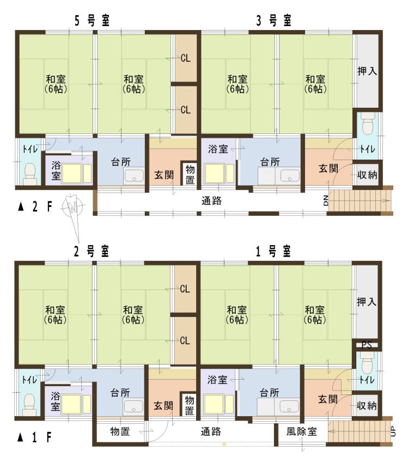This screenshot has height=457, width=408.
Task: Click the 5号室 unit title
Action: pos(92,21)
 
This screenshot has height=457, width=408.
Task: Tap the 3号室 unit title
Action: pos(273,21)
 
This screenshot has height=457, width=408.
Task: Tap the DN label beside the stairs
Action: pos(326,201)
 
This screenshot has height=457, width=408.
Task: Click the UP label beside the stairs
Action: pos(393,431)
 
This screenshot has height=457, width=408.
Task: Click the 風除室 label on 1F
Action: pos(301,431)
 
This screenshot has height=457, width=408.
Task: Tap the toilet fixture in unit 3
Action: pos(368,123)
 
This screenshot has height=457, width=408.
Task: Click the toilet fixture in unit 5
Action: pos(30,174)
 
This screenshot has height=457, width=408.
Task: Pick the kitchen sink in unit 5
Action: pos(134,176)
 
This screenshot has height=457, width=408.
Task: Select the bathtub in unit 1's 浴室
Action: pos(214,404)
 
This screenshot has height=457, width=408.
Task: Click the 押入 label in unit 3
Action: pos(367,71)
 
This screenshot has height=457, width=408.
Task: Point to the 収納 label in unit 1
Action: pos(367,405)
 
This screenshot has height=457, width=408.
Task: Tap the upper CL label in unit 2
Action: pos(185,289)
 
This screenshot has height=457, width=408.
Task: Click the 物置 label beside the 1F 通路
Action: pos(120,431)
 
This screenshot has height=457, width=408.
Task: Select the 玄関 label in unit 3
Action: pos(328,168)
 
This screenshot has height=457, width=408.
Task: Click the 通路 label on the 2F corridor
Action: pos(211,201)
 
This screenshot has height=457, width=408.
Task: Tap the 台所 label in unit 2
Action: pos(120,393)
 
